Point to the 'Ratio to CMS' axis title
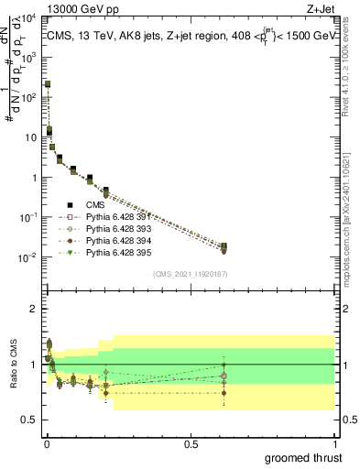pyautogui.click(x=12, y=365)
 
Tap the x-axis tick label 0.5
pyautogui.click(x=191, y=444)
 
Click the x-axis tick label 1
pyautogui.click(x=335, y=444)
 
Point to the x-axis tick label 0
pyautogui.click(x=47, y=444)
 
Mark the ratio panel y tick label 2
pyautogui.click(x=34, y=309)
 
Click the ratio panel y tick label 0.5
pyautogui.click(x=29, y=420)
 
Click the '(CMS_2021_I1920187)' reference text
pyautogui.click(x=191, y=274)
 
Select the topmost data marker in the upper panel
pyautogui.click(x=48, y=83)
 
